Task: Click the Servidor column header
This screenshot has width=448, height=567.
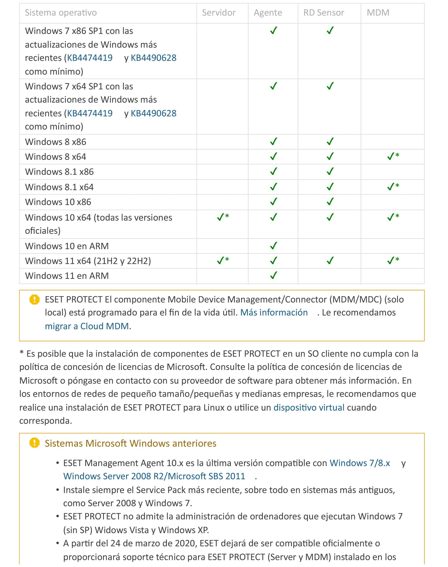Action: click(218, 13)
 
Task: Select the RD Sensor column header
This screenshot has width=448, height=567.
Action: click(323, 13)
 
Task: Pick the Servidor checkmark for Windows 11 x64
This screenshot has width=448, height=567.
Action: click(221, 260)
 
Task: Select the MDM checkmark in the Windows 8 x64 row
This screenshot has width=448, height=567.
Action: click(391, 156)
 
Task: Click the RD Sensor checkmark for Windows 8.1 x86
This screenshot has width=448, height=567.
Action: click(330, 171)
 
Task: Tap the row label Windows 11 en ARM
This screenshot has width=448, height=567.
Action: click(67, 276)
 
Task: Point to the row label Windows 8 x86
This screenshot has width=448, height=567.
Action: click(55, 142)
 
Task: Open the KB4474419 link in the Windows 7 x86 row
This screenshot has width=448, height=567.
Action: click(90, 58)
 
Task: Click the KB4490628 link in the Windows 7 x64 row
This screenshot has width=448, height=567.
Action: click(153, 113)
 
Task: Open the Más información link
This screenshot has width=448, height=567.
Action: click(274, 312)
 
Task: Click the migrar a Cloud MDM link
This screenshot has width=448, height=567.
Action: click(87, 326)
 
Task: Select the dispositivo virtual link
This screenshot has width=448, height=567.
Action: click(309, 407)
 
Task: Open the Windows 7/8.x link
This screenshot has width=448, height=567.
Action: click(360, 463)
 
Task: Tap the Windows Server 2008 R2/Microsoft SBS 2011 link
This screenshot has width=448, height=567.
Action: click(154, 476)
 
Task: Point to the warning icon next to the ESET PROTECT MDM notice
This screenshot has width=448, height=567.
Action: click(34, 299)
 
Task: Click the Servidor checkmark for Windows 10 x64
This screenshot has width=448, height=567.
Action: click(221, 217)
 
